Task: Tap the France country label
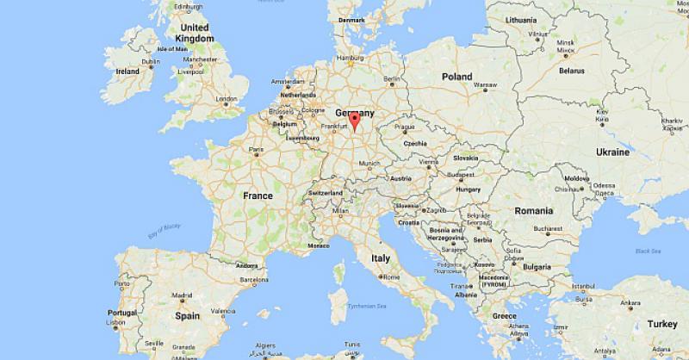(x=258, y=196)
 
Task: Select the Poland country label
(x=457, y=77)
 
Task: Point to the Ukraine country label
(x=612, y=152)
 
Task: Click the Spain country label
(x=188, y=316)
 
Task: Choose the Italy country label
(x=380, y=258)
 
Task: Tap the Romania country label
(x=534, y=211)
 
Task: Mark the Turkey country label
(x=662, y=324)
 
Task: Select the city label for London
(x=227, y=99)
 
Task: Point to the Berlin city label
(x=392, y=79)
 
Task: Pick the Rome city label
(x=392, y=277)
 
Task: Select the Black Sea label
(x=647, y=251)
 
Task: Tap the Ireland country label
(x=127, y=71)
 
